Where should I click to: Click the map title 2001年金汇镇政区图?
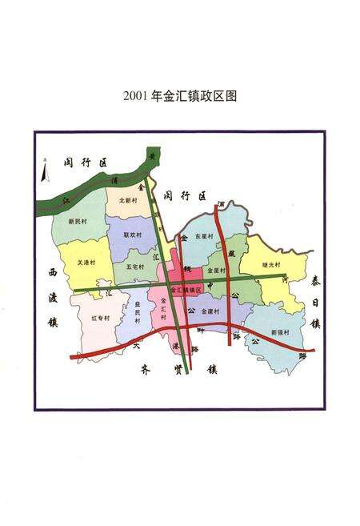[x=180, y=97]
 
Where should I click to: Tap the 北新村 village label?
[x=128, y=200]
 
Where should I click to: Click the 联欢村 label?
[x=132, y=235]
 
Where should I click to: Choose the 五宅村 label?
[x=134, y=266]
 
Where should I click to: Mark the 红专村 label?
[x=100, y=317]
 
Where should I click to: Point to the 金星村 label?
[x=214, y=272]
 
